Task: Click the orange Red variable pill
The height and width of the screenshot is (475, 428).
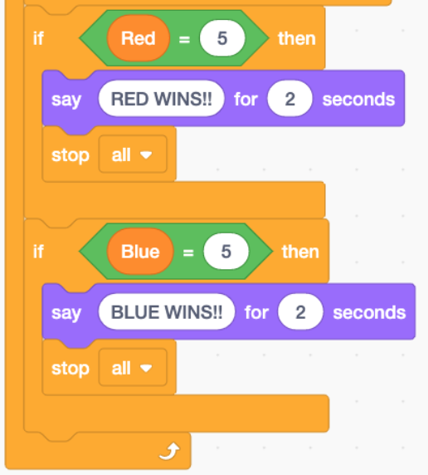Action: tap(139, 38)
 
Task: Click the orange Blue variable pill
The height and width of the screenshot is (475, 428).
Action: tap(140, 252)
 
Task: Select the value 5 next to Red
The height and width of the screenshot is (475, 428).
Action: tap(222, 38)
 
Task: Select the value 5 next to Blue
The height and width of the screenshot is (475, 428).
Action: tap(226, 252)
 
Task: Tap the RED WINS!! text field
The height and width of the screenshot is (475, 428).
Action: tap(162, 99)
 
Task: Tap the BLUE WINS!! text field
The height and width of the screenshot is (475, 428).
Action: tap(167, 312)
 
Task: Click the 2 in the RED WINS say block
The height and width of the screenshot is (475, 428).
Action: tap(289, 99)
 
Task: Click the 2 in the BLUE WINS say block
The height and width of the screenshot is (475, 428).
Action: tap(300, 312)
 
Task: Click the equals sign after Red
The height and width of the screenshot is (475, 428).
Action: tap(184, 39)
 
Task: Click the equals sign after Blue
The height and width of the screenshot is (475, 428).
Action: tap(188, 252)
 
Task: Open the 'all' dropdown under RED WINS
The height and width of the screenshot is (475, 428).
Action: tap(133, 154)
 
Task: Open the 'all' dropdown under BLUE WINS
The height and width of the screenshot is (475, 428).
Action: tap(133, 368)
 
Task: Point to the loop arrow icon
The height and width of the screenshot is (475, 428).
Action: tap(169, 452)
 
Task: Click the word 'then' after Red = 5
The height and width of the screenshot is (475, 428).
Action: tap(297, 38)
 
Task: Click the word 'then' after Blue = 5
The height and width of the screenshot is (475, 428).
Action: tap(300, 252)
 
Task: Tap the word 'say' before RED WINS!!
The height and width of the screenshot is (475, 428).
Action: tap(66, 100)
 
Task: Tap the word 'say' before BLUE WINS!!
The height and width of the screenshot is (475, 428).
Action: tap(66, 313)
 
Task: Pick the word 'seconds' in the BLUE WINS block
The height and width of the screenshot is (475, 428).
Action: tap(369, 312)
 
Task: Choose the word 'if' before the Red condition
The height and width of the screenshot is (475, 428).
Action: tap(38, 38)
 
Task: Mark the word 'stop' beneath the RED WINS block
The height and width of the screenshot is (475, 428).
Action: tap(71, 155)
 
